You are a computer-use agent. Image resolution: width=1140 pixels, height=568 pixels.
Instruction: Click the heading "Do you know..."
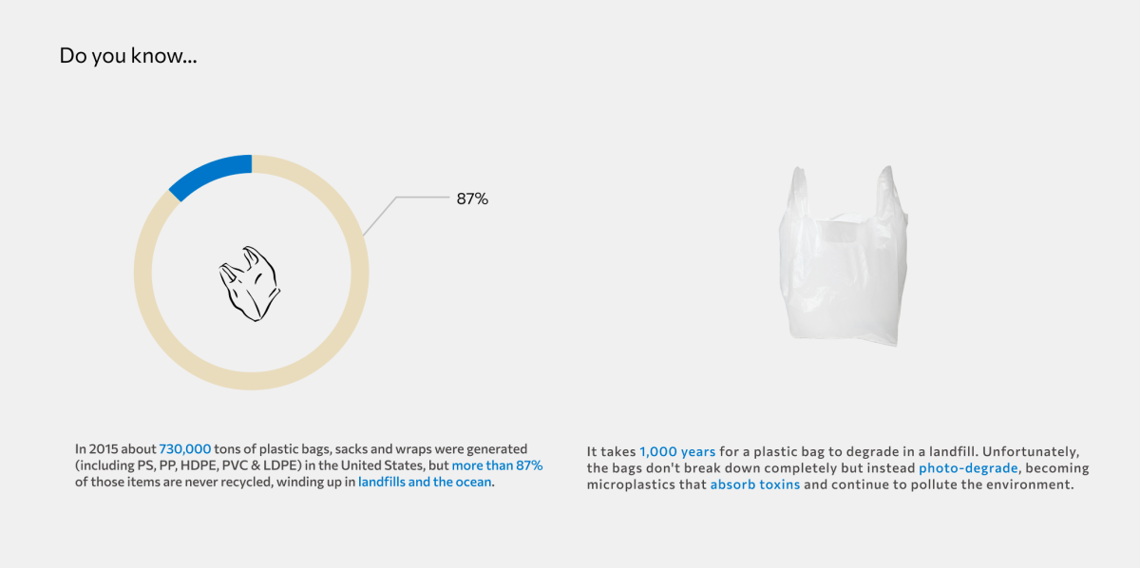(x=127, y=55)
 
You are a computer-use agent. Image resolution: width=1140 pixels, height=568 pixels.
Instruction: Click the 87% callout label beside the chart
(x=472, y=199)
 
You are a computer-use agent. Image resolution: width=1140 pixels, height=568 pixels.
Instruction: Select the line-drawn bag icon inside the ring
(x=249, y=284)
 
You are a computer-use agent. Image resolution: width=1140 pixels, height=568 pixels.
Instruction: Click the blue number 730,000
(x=184, y=449)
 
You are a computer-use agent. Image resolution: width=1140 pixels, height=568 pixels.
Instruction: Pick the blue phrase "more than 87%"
(x=497, y=465)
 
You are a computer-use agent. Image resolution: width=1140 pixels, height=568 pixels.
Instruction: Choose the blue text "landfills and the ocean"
(x=425, y=482)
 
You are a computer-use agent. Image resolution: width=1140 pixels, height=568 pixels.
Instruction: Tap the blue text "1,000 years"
(x=677, y=451)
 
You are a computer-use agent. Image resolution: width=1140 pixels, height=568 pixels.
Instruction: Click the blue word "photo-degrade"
(x=968, y=467)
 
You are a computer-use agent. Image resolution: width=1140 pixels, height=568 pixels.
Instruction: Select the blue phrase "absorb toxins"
(x=755, y=484)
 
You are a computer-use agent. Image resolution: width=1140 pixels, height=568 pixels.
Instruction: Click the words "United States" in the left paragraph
(x=390, y=465)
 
